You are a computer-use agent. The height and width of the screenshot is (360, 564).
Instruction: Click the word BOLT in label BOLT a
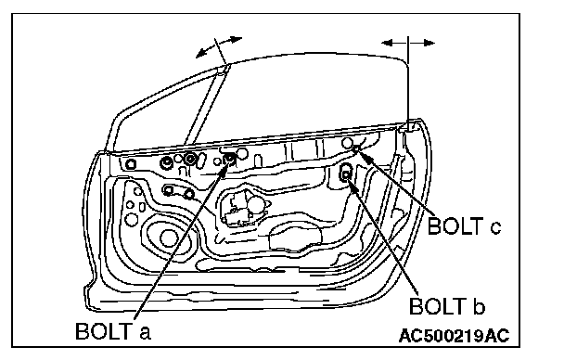(x=103, y=331)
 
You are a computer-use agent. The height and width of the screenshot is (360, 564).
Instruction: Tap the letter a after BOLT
(x=145, y=333)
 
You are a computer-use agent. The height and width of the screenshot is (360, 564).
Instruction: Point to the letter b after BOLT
(x=479, y=307)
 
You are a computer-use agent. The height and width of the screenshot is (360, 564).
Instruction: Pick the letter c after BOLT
(x=495, y=228)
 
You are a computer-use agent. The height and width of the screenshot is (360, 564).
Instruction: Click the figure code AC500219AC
(x=455, y=336)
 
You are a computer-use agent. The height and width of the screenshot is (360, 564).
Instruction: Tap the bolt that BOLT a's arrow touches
(x=229, y=159)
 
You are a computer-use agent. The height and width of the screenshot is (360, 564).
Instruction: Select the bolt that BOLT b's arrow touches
(x=346, y=174)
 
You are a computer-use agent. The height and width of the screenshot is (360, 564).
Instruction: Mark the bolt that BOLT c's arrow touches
(x=356, y=148)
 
